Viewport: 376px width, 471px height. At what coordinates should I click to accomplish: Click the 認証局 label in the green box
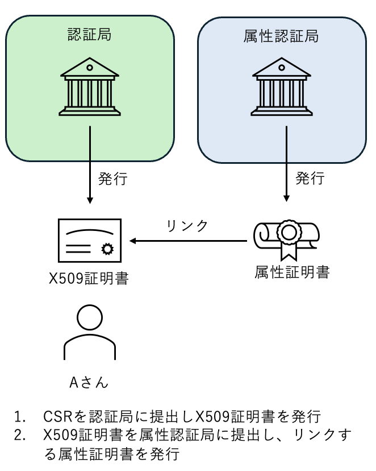click(x=89, y=35)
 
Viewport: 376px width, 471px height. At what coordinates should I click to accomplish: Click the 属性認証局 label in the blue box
click(x=281, y=36)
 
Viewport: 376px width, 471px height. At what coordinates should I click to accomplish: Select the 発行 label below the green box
click(x=112, y=179)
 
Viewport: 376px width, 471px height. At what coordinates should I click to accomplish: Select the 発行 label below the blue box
click(x=310, y=178)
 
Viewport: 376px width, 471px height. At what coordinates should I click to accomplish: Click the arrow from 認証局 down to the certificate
click(x=90, y=165)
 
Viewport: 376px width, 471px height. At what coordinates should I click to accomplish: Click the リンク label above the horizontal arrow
click(x=187, y=225)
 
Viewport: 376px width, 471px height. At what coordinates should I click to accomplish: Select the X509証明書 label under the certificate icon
click(x=88, y=279)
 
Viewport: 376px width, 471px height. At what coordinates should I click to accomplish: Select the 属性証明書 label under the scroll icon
click(x=292, y=272)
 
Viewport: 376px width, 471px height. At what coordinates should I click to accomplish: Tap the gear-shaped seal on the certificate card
click(x=106, y=249)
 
